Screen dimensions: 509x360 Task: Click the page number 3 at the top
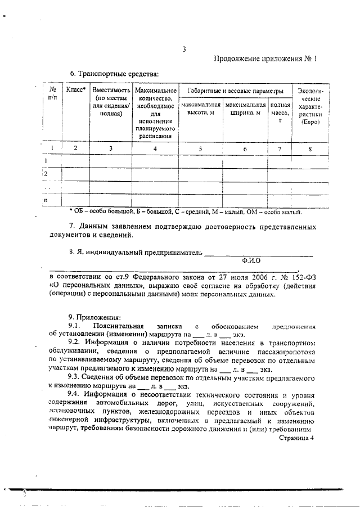184,49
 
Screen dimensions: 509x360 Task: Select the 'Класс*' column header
75,89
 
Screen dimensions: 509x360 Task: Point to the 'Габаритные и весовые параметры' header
235,90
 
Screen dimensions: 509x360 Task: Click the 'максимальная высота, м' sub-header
200,109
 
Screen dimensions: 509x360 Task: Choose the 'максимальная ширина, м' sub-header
245,109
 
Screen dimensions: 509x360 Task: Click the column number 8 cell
309,148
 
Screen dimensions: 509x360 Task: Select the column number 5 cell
200,148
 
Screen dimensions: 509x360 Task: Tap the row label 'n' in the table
46,200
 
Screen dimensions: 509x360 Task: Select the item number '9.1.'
75,326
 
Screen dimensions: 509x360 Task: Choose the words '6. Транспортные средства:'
114,74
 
